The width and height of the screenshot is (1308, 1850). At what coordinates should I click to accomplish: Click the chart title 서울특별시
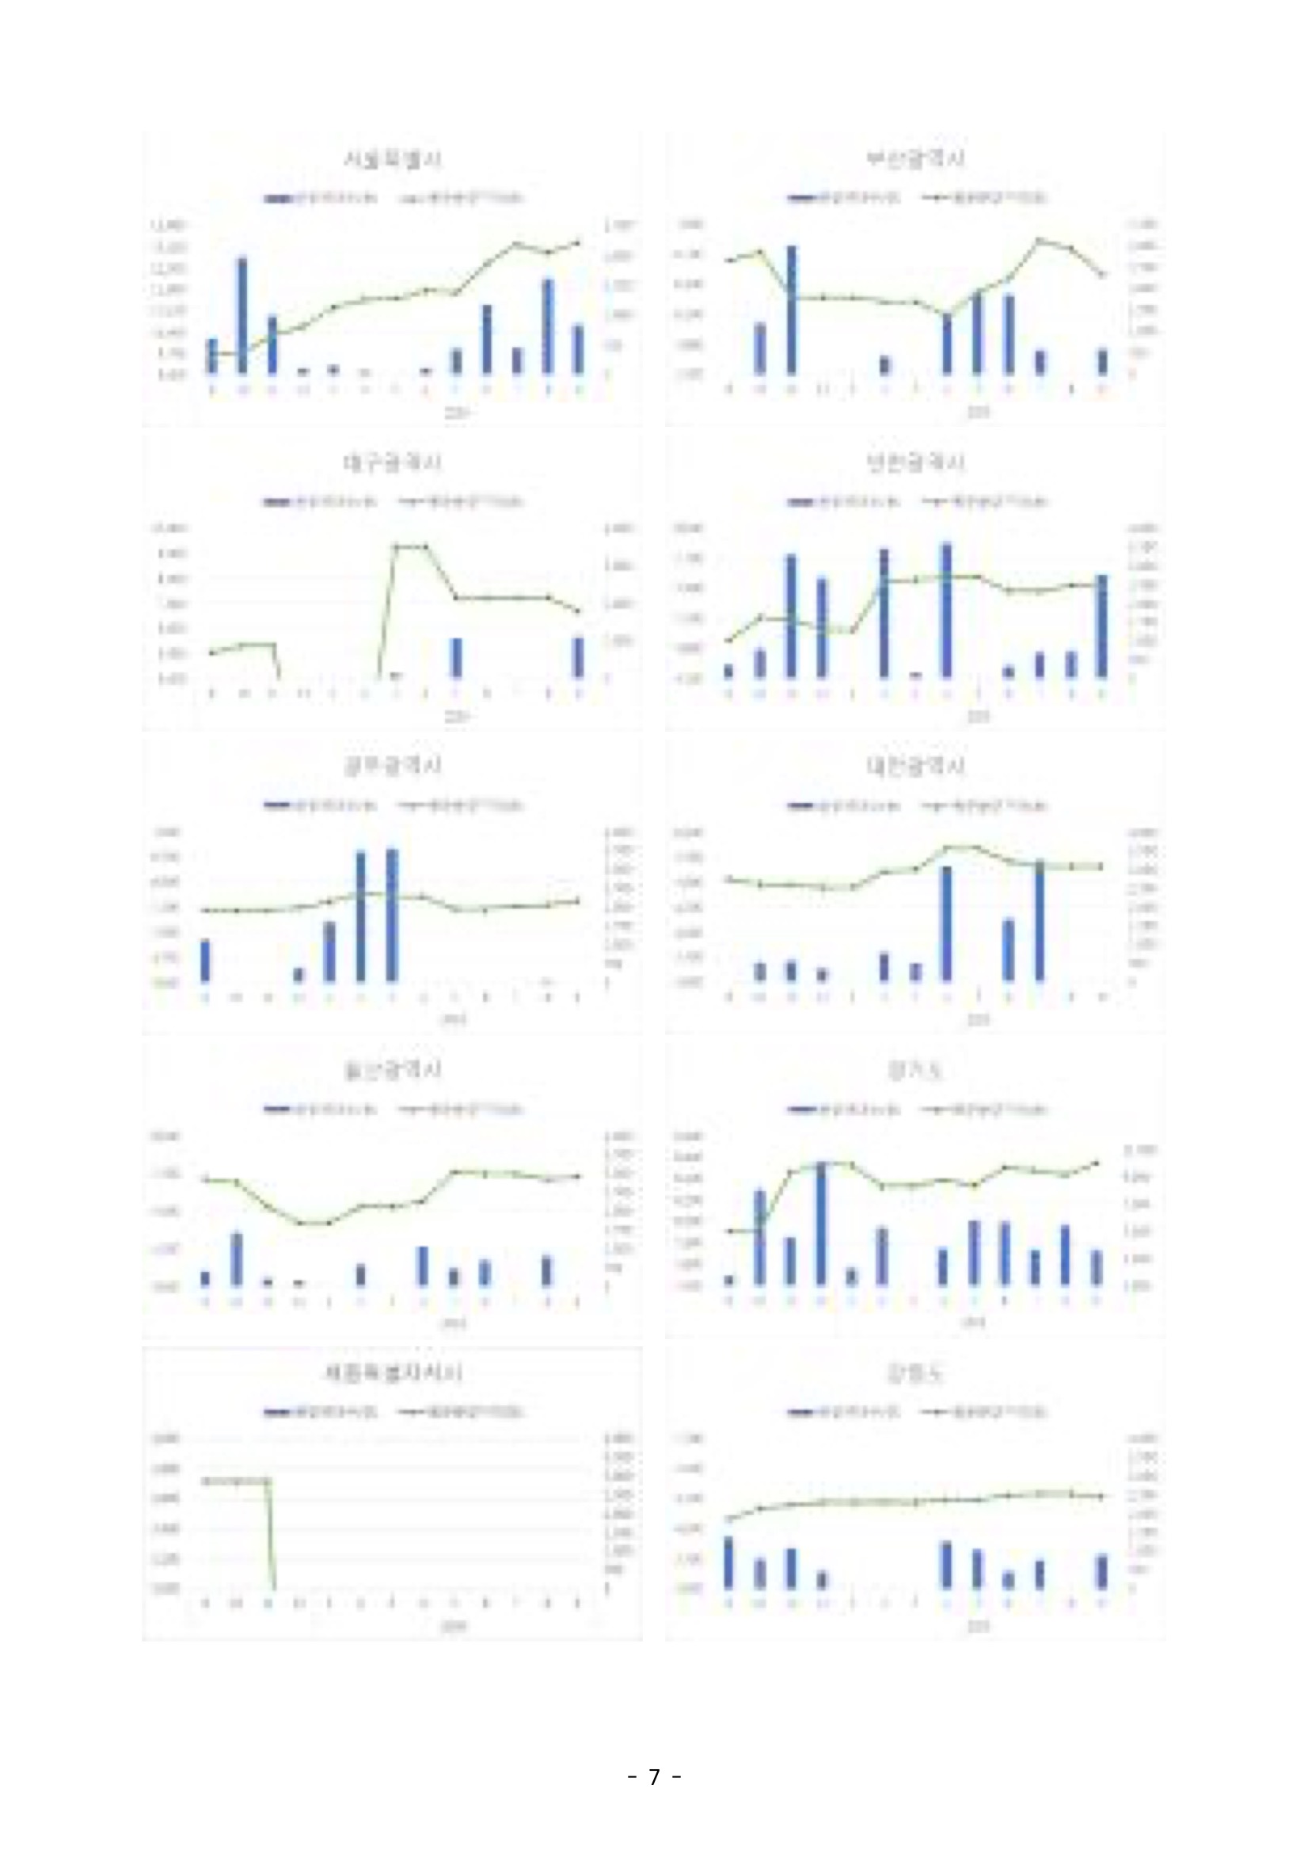392,159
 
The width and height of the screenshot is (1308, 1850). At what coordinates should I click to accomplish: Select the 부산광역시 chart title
915,158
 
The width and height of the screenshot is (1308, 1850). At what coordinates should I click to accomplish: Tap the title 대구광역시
392,463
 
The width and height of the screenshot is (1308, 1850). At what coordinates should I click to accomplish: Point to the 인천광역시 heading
915,462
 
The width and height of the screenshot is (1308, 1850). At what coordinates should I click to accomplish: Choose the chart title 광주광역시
392,766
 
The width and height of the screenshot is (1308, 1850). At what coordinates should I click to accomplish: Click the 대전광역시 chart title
915,766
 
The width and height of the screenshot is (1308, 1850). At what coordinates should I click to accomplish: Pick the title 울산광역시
392,1070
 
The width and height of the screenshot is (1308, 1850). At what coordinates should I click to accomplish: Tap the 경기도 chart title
915,1070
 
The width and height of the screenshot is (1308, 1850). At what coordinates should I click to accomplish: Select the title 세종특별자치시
392,1373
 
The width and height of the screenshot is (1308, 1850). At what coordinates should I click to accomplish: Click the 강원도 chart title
915,1373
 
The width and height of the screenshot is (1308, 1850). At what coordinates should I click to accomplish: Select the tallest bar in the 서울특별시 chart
241,316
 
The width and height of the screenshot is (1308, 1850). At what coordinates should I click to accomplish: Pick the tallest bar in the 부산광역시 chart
791,310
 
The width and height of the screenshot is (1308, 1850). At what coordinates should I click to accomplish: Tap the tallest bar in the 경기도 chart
822,1224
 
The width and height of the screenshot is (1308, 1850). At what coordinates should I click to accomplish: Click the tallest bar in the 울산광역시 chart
237,1259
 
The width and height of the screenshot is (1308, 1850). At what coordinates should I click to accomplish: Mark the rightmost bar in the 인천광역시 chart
1102,626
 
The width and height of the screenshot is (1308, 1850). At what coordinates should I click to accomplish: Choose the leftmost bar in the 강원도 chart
729,1563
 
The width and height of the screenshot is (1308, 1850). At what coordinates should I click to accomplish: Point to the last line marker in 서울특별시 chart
577,242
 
